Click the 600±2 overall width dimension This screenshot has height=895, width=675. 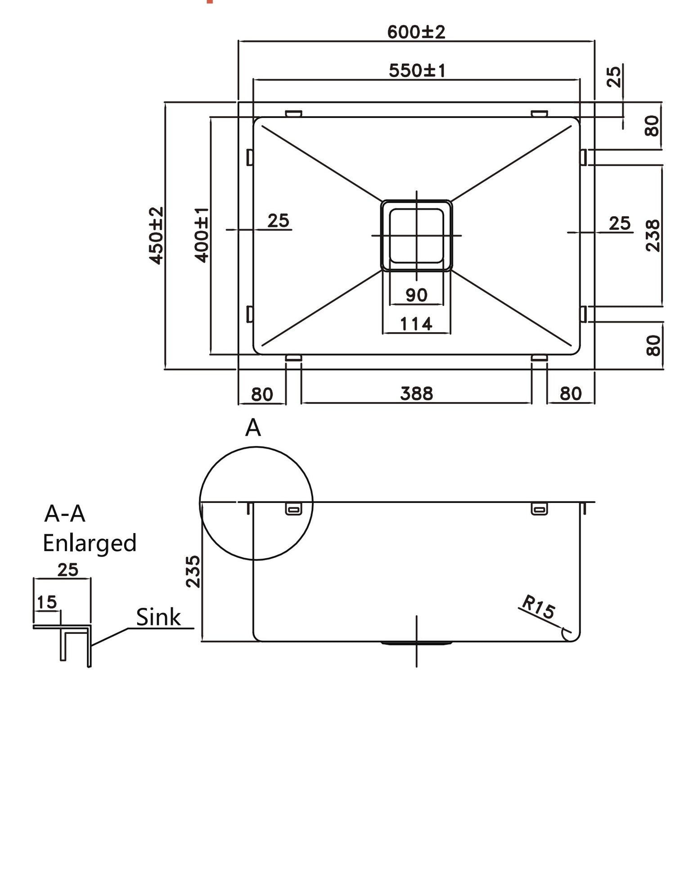click(416, 32)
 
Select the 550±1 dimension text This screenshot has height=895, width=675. click(417, 70)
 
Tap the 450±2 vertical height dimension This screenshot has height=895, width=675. click(156, 235)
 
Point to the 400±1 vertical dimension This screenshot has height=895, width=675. click(202, 235)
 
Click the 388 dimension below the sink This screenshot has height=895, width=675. click(416, 393)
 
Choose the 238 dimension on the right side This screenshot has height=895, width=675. click(652, 235)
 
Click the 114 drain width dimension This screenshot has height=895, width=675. click(416, 324)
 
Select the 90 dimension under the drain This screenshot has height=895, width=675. click(416, 295)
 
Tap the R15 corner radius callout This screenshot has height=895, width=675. click(538, 607)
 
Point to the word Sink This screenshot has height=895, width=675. click(158, 617)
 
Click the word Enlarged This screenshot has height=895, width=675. click(90, 543)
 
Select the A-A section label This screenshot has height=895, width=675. click(65, 514)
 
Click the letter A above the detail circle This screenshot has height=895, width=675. click(253, 428)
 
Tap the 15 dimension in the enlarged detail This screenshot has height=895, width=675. click(46, 602)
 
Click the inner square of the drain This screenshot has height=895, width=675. click(416, 235)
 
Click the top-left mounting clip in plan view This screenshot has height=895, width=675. click(293, 113)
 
